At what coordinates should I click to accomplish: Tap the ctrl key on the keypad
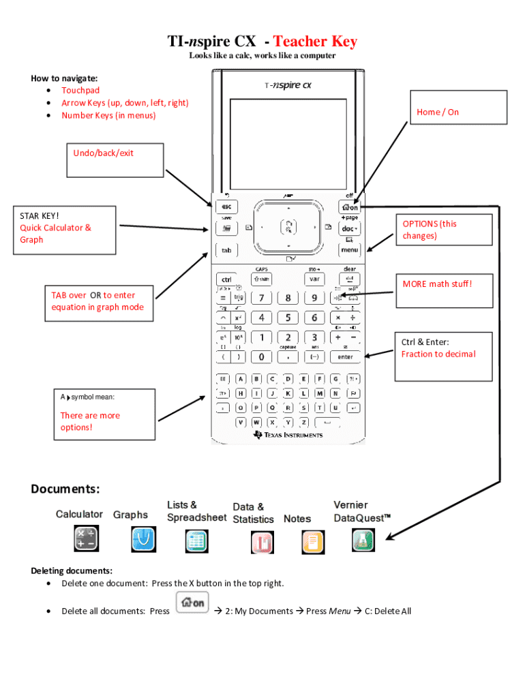point(226,279)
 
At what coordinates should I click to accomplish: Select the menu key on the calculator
point(350,250)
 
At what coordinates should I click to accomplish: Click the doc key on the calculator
point(350,229)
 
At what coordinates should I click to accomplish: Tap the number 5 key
point(288,318)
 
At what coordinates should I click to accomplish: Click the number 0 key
point(261,356)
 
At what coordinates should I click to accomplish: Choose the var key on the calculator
point(314,279)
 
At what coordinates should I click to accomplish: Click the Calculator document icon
point(87,538)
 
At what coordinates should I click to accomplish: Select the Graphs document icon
point(143,540)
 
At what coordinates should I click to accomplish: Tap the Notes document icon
point(313,542)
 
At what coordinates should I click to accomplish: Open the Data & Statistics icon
point(262,542)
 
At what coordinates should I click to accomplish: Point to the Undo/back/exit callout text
point(103,153)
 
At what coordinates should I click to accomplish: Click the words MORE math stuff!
point(437,284)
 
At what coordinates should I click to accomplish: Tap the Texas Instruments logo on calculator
point(287,435)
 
